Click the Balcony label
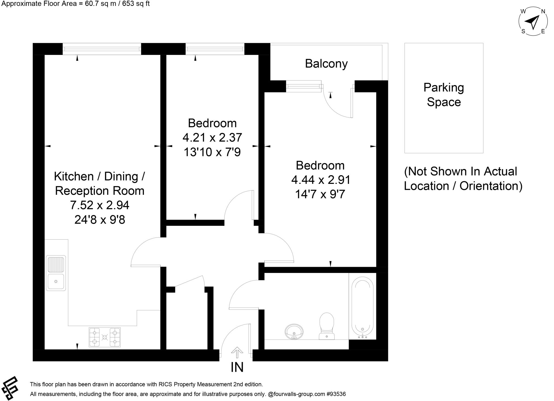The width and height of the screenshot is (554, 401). (x=326, y=64)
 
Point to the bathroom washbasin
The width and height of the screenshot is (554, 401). (x=294, y=331)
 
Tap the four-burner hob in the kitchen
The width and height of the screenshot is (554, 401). (x=105, y=337)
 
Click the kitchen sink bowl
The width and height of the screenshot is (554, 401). (x=56, y=282)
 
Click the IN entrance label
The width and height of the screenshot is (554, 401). (x=237, y=367)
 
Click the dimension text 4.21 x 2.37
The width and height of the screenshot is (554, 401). (x=212, y=138)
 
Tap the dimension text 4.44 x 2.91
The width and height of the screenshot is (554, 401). (x=321, y=180)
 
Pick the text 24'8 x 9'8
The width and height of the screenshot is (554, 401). (x=100, y=220)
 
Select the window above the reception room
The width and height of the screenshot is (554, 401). (x=102, y=49)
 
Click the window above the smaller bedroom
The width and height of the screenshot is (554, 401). (x=215, y=49)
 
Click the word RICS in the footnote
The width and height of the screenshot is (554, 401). (x=164, y=384)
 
